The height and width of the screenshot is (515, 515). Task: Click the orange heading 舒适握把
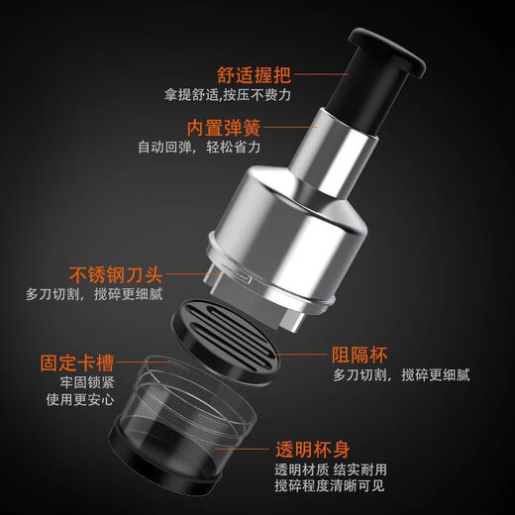coord(256,74)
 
